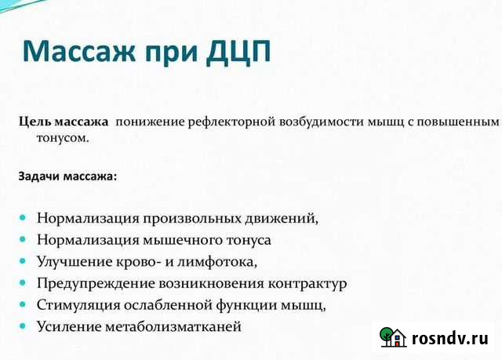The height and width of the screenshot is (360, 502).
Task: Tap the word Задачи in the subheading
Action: click(39, 176)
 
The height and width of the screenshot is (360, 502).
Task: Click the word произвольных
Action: click(181, 217)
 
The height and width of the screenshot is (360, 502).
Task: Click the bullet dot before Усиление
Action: click(22, 325)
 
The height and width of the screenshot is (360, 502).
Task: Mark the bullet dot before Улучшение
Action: click(22, 259)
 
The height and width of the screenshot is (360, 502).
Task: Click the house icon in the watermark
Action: click(391, 337)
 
